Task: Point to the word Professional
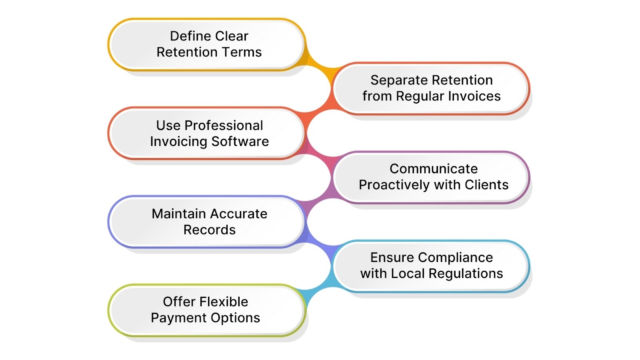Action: [224, 126]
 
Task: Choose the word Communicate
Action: [434, 169]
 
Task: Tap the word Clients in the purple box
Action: [486, 185]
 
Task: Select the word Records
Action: [209, 230]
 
